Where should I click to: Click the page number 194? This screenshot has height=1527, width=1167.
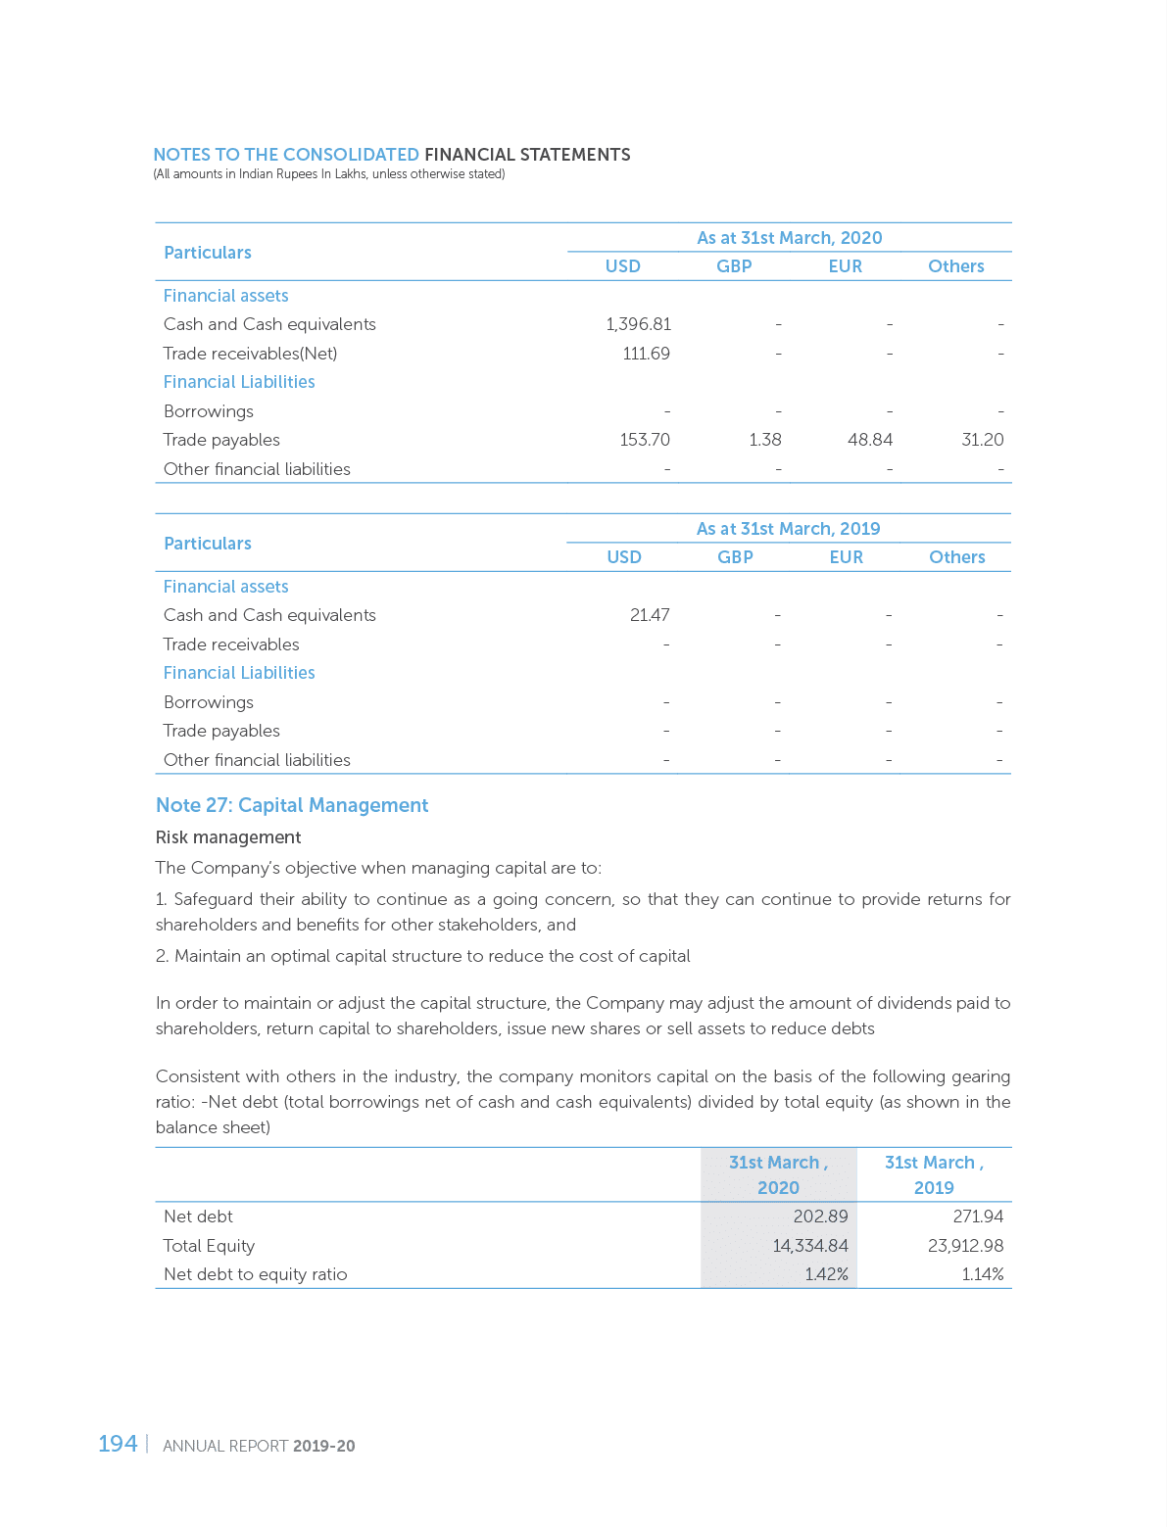tap(117, 1444)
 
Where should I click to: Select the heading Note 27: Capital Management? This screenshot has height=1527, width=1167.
tap(292, 805)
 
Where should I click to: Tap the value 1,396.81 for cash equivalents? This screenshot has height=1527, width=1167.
tap(638, 324)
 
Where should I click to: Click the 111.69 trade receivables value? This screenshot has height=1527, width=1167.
tap(647, 353)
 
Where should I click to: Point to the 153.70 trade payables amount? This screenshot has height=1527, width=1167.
tap(645, 440)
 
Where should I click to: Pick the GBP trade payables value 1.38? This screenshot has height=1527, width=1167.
tap(764, 440)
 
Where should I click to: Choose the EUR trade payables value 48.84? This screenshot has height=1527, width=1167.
tap(870, 440)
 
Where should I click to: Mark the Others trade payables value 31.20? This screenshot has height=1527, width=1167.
tap(982, 440)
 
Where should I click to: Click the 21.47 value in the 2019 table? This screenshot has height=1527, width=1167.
tap(650, 615)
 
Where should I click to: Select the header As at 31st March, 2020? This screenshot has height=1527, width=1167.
tap(789, 238)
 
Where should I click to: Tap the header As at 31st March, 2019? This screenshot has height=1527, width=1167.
tap(788, 529)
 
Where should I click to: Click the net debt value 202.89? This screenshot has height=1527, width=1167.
tap(820, 1217)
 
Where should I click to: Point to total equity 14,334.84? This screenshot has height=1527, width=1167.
tap(810, 1246)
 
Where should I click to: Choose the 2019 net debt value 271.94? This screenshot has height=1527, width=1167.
tap(977, 1217)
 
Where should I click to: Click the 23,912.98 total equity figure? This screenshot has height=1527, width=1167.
tap(965, 1246)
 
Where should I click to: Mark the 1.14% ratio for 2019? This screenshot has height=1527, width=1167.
tap(982, 1274)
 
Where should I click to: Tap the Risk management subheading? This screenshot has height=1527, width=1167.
tap(228, 837)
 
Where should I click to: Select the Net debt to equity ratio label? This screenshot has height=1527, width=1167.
tap(255, 1274)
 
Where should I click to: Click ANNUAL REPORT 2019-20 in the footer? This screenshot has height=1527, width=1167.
tap(259, 1446)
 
